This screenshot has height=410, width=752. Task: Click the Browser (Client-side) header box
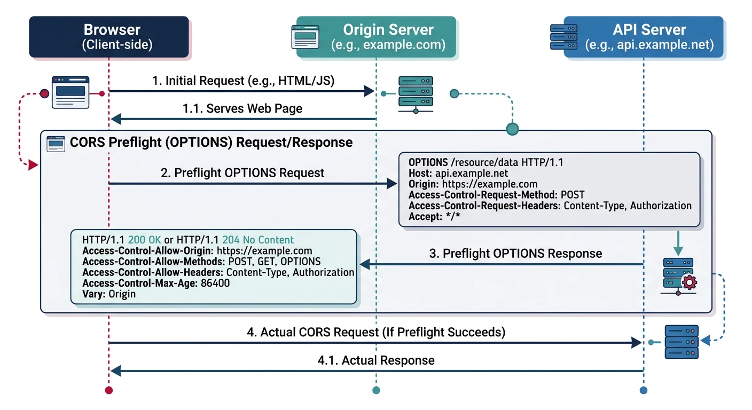[109, 36]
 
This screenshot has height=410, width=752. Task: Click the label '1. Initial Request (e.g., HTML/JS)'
[243, 81]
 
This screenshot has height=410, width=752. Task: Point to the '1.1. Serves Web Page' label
[242, 109]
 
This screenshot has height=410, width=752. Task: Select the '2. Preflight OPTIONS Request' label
[242, 173]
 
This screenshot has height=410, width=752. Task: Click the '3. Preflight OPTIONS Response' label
[515, 254]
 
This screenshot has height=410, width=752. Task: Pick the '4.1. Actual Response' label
[376, 360]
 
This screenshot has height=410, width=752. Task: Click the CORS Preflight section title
[211, 143]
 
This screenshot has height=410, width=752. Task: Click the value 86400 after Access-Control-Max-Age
[215, 283]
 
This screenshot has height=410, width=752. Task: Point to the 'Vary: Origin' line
[109, 294]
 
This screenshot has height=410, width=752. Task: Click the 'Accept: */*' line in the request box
[434, 216]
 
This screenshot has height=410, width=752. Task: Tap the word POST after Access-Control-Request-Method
[573, 195]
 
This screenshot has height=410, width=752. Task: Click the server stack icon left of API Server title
[565, 36]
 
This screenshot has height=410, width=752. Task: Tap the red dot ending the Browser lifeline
[109, 390]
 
